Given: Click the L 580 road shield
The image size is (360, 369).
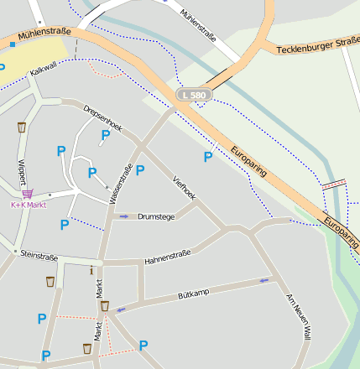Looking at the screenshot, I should [x=192, y=96].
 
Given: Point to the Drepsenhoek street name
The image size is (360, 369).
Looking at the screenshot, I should [x=102, y=119].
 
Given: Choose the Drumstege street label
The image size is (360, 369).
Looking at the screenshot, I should [x=156, y=216].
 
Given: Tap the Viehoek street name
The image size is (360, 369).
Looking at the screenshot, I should [x=184, y=188].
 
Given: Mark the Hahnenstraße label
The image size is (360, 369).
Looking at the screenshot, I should [x=168, y=256].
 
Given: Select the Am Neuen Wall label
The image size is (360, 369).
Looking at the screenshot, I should [x=299, y=316].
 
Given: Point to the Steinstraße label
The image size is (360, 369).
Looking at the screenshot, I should [x=39, y=253].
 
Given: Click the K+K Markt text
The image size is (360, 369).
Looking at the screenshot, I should [x=28, y=205].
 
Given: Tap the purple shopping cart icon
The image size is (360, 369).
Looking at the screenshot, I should [x=28, y=193].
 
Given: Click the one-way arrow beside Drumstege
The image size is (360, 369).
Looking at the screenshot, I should [x=124, y=216].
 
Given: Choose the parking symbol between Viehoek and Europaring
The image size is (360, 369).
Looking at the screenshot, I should [x=208, y=157].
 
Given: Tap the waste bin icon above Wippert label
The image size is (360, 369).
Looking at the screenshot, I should [x=21, y=127].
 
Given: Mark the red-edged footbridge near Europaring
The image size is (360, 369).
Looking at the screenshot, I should [x=334, y=184].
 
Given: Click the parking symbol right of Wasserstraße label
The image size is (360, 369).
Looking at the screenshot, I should [x=140, y=170].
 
